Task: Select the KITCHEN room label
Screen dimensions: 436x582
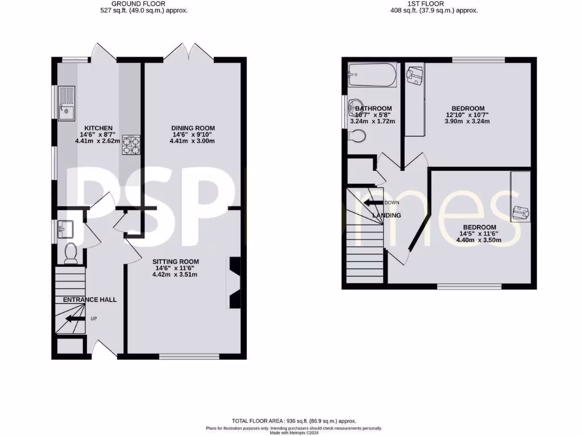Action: pos(98,128)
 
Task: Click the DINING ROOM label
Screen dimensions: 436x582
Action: pos(193,128)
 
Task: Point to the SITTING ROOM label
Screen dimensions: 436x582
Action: pos(176,261)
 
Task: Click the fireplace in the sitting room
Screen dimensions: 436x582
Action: pos(235,282)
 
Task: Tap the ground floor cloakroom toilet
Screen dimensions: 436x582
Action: pos(71,253)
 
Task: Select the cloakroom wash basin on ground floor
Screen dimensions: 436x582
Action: pos(64,229)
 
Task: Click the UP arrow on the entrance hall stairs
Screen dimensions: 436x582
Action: pos(74,318)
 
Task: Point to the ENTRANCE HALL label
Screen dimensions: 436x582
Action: pos(89,300)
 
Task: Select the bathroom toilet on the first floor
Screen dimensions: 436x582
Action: pos(357,136)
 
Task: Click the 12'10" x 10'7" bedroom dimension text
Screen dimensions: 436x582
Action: pos(468,115)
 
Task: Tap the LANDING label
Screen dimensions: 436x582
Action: pos(386,215)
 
